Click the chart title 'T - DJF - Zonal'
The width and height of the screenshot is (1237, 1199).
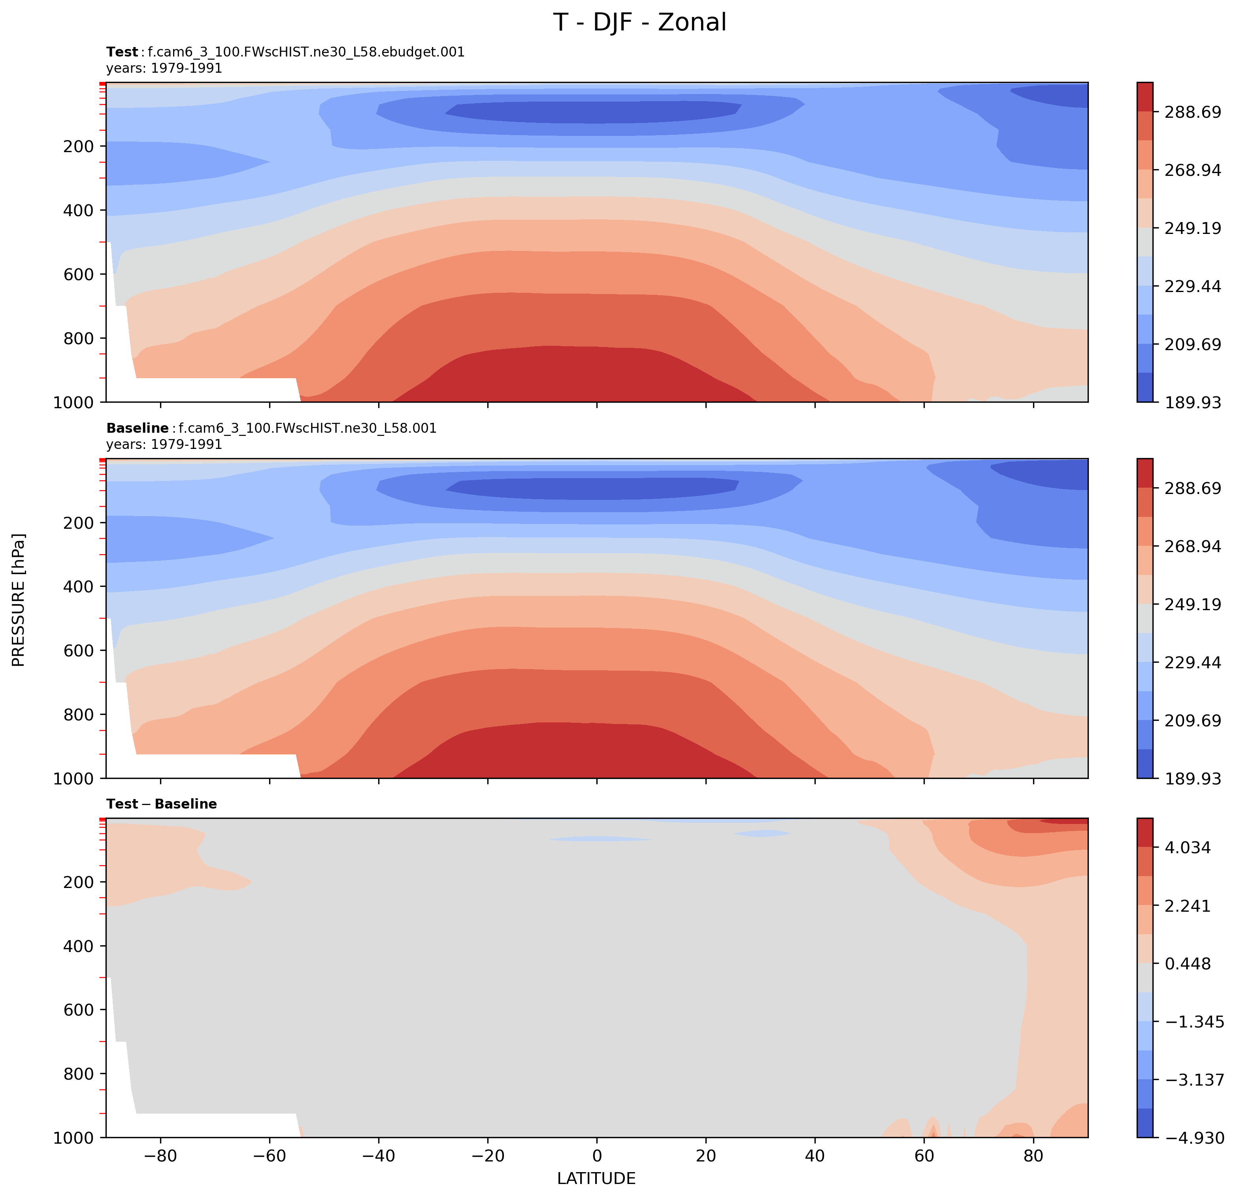[640, 23]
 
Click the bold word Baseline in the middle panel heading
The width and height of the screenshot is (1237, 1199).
[137, 428]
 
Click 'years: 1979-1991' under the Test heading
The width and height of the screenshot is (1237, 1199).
[164, 68]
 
